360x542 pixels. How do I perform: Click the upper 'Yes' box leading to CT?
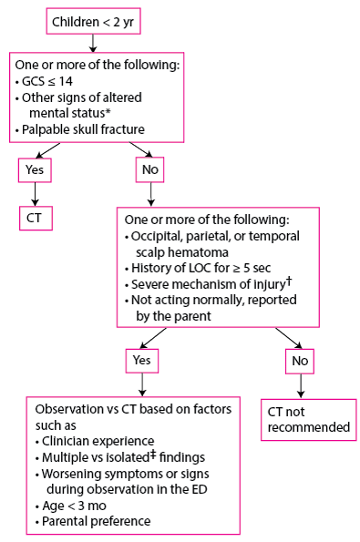(x=35, y=169)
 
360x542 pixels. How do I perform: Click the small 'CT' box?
(x=35, y=219)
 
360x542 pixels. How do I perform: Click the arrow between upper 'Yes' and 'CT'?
(x=35, y=194)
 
